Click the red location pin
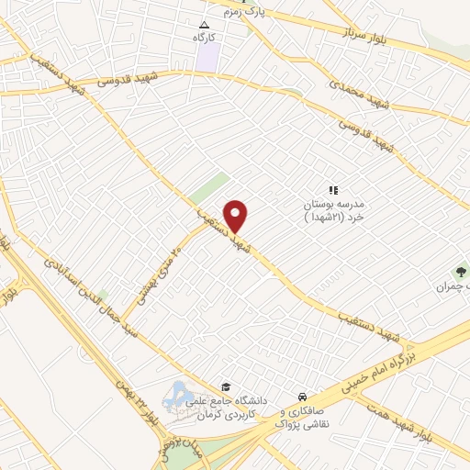click(236, 216)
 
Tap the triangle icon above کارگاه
click(205, 25)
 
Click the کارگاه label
click(204, 39)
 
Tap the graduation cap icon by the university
click(226, 386)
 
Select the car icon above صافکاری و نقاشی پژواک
click(301, 397)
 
